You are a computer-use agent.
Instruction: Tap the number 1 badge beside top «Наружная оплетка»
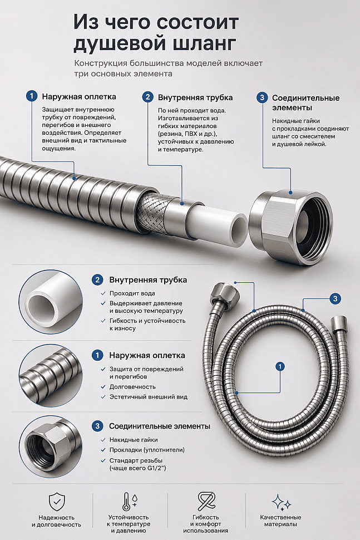tap(32, 96)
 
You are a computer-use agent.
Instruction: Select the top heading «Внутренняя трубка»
tap(195, 97)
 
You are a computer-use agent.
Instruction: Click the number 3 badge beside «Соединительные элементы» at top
tap(262, 97)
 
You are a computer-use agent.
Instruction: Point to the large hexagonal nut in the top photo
tap(291, 227)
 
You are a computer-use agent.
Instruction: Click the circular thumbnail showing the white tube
tap(51, 302)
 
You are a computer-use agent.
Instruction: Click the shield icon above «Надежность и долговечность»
tap(57, 502)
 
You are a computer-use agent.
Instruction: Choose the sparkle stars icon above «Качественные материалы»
tap(281, 502)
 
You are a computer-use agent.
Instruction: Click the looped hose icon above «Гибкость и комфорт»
tap(206, 502)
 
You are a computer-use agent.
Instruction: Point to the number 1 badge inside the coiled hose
tap(280, 366)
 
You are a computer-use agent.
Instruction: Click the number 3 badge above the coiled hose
tap(336, 298)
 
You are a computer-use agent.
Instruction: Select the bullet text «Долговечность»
tap(132, 387)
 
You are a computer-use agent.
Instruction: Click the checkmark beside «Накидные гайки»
tap(103, 440)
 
